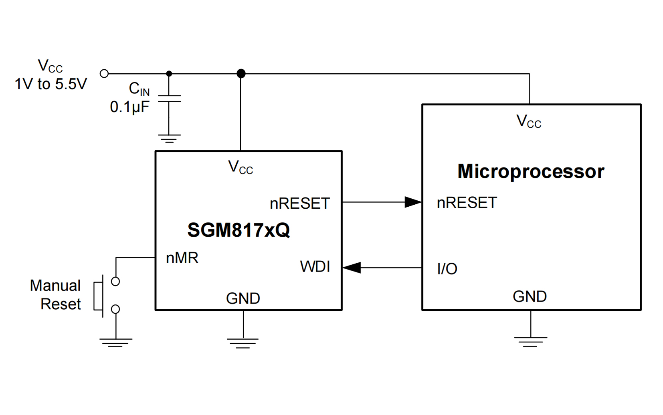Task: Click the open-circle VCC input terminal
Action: click(104, 73)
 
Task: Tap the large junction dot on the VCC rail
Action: click(241, 73)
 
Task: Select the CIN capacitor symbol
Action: click(169, 99)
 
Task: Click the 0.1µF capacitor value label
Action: click(129, 107)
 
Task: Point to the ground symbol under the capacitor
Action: click(169, 139)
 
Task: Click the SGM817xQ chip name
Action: click(239, 230)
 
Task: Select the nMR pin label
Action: click(182, 258)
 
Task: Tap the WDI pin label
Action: click(315, 267)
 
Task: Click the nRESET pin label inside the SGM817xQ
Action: click(300, 203)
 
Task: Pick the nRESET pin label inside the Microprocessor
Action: click(467, 203)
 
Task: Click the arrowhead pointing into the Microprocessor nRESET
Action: click(413, 202)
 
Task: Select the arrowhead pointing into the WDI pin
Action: click(352, 267)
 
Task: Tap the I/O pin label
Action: click(447, 269)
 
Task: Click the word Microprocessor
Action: click(531, 171)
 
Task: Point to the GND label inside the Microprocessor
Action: click(530, 296)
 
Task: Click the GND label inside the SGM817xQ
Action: click(243, 298)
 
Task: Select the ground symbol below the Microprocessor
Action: click(530, 341)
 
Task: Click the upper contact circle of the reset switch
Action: click(115, 282)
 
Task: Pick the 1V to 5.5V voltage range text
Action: click(51, 84)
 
